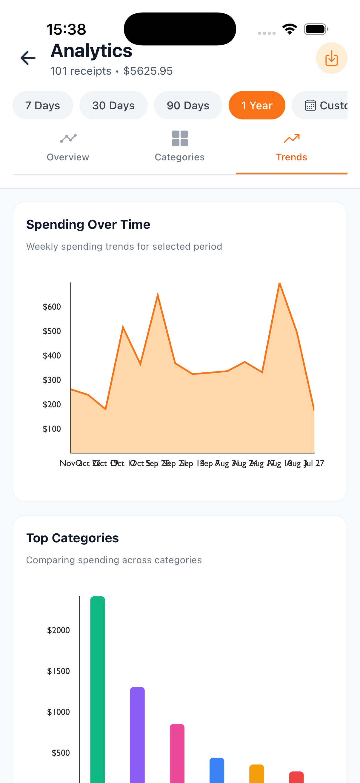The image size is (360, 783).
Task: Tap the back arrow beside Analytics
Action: coord(28,58)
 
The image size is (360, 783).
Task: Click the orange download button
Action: coord(331,58)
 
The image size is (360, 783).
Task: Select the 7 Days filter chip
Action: coord(42,105)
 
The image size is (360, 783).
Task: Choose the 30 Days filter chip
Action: coord(113,105)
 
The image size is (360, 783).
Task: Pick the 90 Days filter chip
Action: coord(188,105)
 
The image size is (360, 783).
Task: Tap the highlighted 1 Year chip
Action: coord(257,105)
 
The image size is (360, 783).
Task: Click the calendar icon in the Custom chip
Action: coord(310,105)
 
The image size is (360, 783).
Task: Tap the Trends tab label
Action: coord(291,157)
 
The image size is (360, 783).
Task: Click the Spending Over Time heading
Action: coord(88,225)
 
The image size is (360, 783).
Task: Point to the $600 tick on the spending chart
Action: coord(52,307)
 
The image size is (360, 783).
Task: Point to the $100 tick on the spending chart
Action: coord(52,429)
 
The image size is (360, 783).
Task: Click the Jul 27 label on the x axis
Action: coord(315,463)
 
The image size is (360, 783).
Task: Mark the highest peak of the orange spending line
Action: coord(279,284)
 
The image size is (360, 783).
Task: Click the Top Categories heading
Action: coord(72,538)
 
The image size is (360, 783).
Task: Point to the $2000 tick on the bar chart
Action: coord(59,630)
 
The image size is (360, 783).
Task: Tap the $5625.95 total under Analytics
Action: coord(148,71)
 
